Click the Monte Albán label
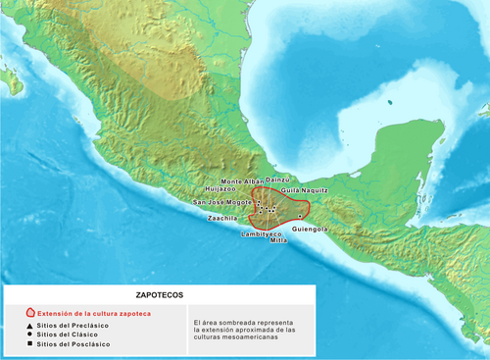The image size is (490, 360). pyautogui.click(x=242, y=181)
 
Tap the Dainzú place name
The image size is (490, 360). pyautogui.click(x=279, y=180)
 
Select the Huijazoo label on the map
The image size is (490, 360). pyautogui.click(x=220, y=189)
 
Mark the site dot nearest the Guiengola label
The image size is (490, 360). pyautogui.click(x=300, y=215)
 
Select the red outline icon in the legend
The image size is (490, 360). pyautogui.click(x=30, y=313)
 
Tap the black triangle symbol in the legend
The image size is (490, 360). pyautogui.click(x=30, y=325)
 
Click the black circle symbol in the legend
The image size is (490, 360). pyautogui.click(x=30, y=334)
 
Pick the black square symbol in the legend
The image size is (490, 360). pyautogui.click(x=30, y=344)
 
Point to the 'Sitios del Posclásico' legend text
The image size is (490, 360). pyautogui.click(x=74, y=344)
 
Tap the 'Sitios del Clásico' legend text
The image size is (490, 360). pyautogui.click(x=69, y=334)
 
